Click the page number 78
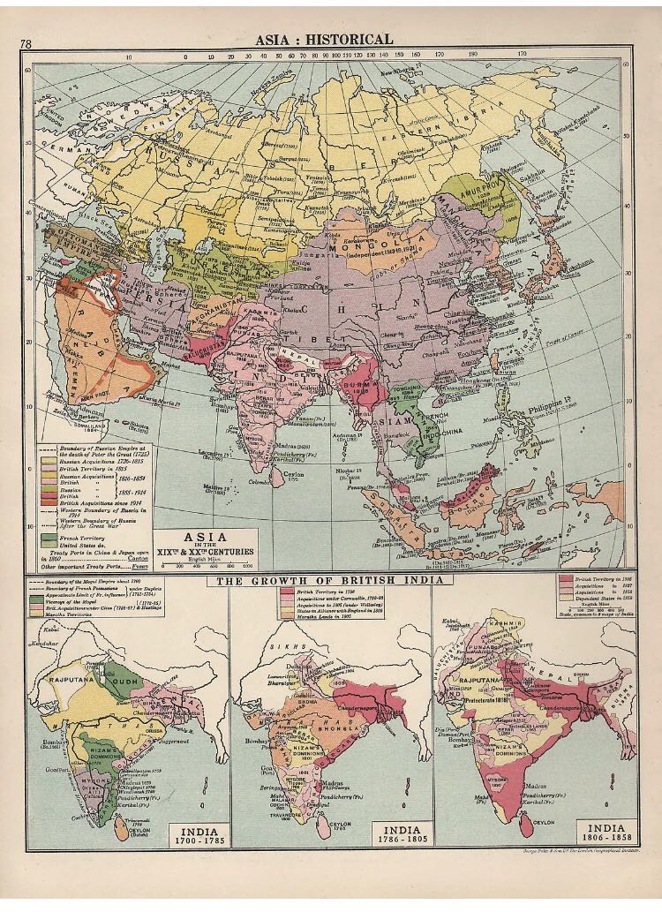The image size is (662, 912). coord(26,44)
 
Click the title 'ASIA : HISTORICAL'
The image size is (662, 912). coord(324,39)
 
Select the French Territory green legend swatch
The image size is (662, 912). coord(49,537)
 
